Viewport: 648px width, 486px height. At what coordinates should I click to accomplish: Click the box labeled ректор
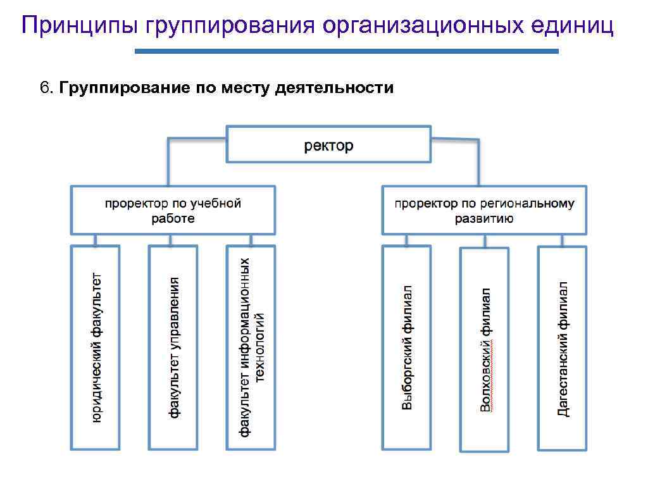point(328,145)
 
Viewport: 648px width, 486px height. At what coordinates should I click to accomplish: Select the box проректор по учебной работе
point(173,211)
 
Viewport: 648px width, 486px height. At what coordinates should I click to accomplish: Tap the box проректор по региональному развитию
point(484,211)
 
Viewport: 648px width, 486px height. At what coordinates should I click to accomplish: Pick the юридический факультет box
point(96,347)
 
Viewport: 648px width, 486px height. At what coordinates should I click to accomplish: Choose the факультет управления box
point(173,347)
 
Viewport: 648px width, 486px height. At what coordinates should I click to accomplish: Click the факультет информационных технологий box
point(251,347)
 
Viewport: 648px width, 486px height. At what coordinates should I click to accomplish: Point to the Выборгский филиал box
point(407,347)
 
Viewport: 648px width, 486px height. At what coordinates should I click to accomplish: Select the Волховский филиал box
point(485,349)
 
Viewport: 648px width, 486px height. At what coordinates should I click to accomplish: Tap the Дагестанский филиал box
point(563,347)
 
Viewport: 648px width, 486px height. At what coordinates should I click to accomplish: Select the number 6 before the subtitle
point(44,87)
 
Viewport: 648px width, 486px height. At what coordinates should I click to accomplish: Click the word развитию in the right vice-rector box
point(484,219)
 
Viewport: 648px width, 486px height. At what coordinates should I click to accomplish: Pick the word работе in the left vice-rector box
point(173,219)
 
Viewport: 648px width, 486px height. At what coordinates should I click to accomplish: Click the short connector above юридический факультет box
point(96,240)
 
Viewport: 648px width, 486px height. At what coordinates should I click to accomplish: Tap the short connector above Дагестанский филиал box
point(563,240)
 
